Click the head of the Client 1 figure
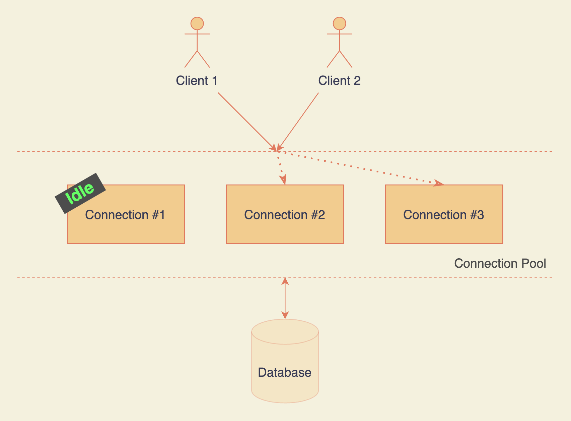point(197,23)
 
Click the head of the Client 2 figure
point(339,23)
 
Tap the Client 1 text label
point(197,81)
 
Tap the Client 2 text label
point(339,81)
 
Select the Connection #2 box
point(285,228)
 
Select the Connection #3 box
point(444,228)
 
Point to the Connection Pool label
point(500,263)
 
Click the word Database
point(285,372)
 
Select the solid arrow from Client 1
point(246,121)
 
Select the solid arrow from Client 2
point(298,121)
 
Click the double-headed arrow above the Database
point(285,298)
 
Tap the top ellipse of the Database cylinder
point(285,331)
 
